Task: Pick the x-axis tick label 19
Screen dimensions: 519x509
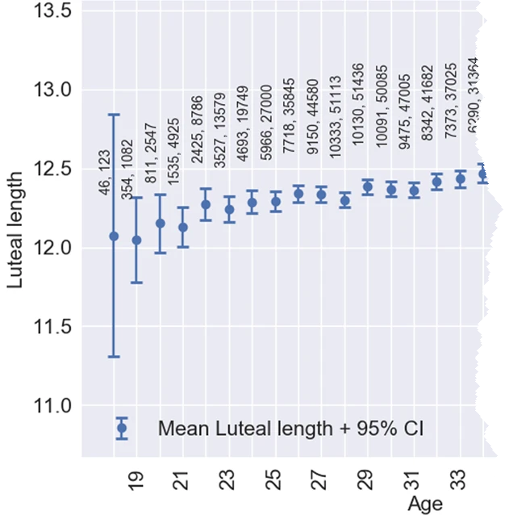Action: coord(136,482)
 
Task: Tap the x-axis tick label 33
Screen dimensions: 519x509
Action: coord(461,482)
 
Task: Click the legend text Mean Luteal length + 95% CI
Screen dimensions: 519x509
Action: coord(291,429)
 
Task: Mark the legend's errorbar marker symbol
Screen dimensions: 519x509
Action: coord(122,429)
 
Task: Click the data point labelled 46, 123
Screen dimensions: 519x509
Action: coord(114,236)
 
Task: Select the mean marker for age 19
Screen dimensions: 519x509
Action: coord(136,240)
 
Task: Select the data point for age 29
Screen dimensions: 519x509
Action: coord(368,187)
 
